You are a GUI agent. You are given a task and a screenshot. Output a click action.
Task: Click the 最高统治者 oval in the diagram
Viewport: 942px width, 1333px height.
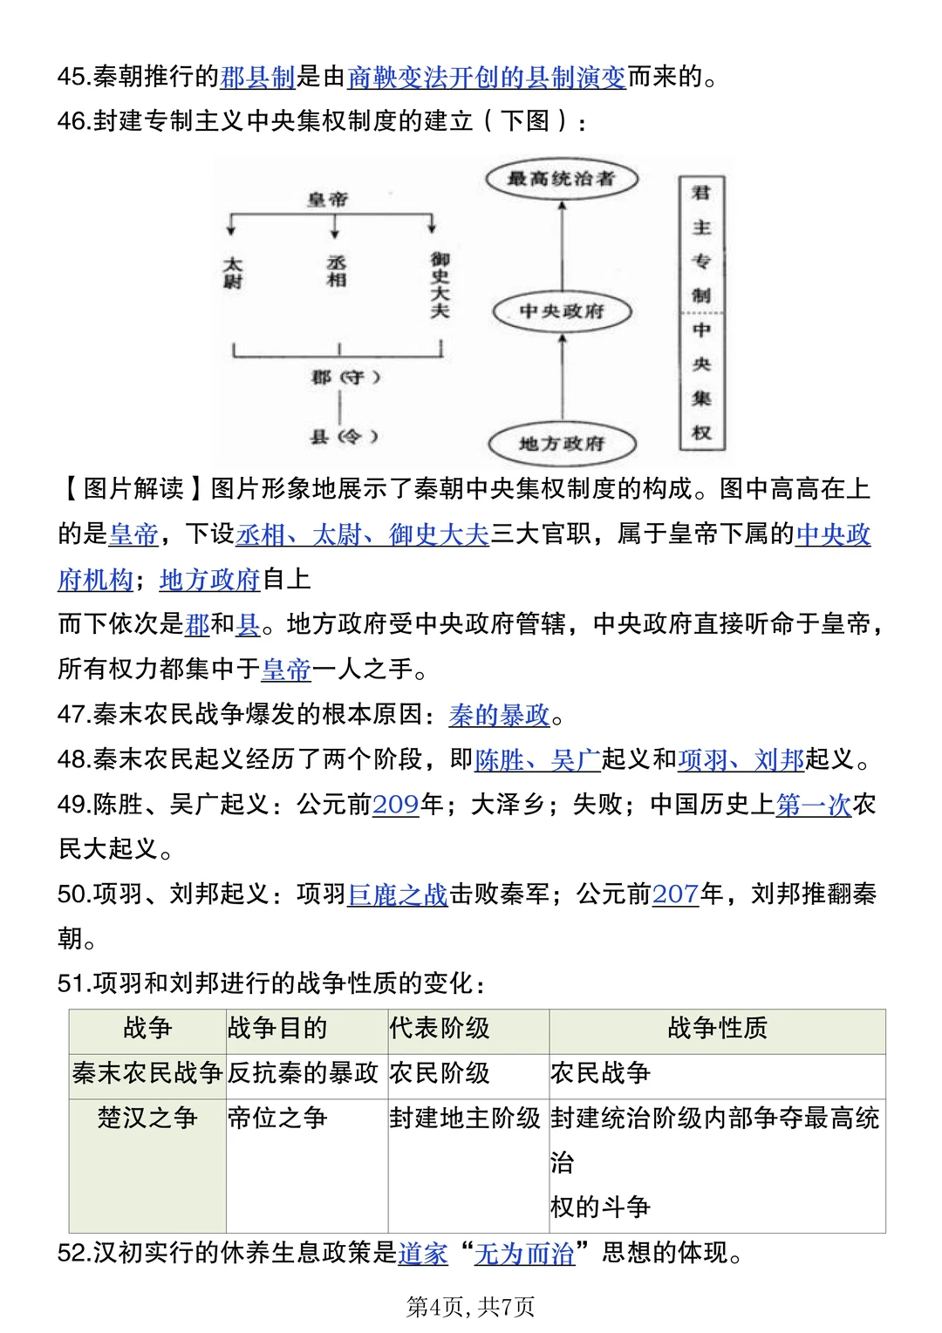tap(562, 179)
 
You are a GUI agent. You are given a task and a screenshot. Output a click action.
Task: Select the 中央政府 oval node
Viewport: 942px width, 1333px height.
tap(562, 311)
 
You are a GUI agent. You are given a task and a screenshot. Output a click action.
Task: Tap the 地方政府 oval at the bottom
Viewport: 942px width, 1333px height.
tap(562, 444)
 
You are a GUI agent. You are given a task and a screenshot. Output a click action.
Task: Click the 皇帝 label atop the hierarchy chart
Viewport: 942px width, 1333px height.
tap(328, 200)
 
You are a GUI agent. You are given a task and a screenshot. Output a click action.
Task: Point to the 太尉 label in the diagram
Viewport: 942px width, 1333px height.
tap(232, 273)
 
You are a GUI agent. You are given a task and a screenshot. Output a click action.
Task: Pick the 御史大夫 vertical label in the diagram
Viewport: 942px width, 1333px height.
tap(440, 284)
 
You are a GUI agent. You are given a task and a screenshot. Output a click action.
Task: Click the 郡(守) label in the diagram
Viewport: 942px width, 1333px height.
tap(345, 377)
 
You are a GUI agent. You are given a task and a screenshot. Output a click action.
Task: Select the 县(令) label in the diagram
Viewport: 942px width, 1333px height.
tap(345, 436)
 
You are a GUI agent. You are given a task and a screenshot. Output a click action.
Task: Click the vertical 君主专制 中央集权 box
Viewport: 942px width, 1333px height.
tap(701, 313)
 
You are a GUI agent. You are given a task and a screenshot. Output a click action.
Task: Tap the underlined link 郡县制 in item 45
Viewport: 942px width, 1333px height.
tap(257, 77)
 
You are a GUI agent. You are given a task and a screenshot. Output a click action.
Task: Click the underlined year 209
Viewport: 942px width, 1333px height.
tap(395, 804)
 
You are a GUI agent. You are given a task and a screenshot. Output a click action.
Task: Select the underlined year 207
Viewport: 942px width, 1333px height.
tap(675, 894)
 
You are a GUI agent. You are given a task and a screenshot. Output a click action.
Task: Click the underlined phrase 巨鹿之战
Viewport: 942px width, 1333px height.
tap(398, 894)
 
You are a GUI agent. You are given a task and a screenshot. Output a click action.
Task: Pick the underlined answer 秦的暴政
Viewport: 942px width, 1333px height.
tap(499, 715)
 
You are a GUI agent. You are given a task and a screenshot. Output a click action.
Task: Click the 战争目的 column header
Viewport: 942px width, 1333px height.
tap(277, 1028)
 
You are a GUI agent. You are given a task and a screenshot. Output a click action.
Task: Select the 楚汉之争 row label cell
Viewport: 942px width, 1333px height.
tap(147, 1118)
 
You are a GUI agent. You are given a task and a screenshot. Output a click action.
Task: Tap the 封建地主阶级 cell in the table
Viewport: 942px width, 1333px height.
tap(465, 1118)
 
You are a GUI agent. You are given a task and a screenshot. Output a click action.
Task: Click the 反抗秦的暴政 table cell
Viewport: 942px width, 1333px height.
tap(303, 1073)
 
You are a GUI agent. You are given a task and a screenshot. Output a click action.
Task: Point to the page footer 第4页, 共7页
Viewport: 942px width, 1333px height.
tap(470, 1306)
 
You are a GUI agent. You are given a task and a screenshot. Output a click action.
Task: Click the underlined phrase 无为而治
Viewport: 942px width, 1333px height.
tap(524, 1253)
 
